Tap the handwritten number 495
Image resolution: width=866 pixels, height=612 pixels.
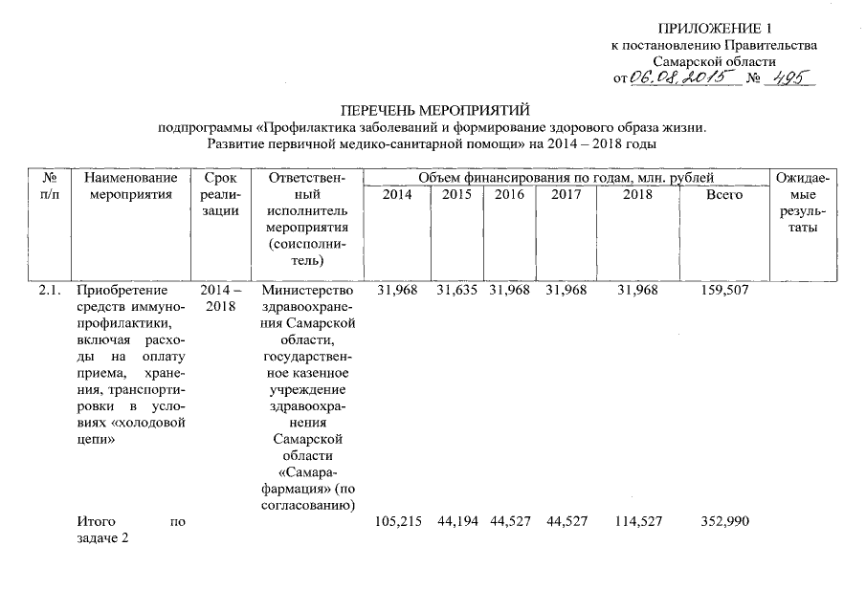pyautogui.click(x=790, y=78)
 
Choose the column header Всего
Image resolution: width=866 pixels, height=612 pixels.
pyautogui.click(x=723, y=195)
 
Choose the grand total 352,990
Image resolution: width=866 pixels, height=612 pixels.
pyautogui.click(x=724, y=522)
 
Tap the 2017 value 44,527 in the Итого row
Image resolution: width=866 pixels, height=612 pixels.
pyautogui.click(x=566, y=522)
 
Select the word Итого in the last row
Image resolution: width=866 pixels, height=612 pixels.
pyautogui.click(x=96, y=522)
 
